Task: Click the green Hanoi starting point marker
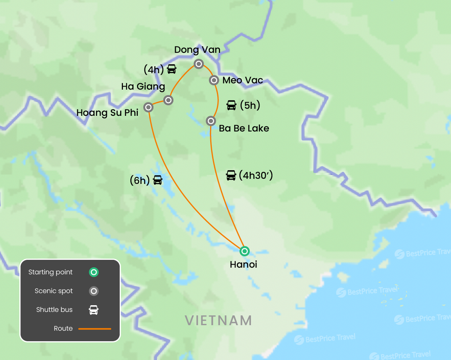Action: [x=244, y=251]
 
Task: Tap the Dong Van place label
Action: [x=197, y=50]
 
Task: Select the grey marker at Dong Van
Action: [x=199, y=64]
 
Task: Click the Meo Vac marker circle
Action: [x=214, y=80]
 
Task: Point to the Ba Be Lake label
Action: [x=244, y=128]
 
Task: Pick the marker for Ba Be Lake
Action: [x=211, y=121]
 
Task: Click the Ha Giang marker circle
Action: [x=168, y=100]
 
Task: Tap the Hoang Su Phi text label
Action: [x=107, y=113]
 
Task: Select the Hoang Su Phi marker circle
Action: [x=148, y=107]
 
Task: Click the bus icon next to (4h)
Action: [x=171, y=69]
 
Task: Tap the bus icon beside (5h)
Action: [x=231, y=105]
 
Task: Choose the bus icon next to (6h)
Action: [x=157, y=180]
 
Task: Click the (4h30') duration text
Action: [x=255, y=175]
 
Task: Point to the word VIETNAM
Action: [x=218, y=320]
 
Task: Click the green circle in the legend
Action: [x=94, y=272]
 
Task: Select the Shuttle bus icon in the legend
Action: [x=94, y=310]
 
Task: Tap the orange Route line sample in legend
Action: [x=95, y=329]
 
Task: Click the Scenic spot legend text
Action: [x=54, y=291]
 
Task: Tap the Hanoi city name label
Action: [x=243, y=265]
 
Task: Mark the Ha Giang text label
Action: [x=143, y=86]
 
